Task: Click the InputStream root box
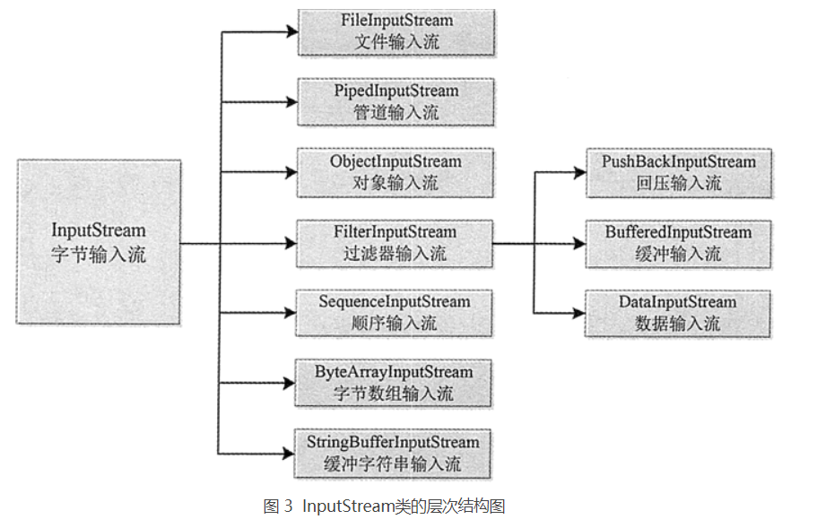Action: (99, 242)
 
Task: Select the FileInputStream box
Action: (395, 31)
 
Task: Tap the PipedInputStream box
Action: (395, 101)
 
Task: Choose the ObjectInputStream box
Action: (395, 172)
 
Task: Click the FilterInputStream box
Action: (395, 242)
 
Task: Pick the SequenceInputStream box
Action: (395, 312)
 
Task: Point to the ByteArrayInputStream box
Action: (395, 383)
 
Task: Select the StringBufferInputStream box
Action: (395, 453)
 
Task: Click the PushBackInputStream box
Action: (678, 172)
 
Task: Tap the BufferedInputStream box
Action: (678, 242)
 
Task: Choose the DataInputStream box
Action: (678, 313)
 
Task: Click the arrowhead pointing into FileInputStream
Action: (291, 31)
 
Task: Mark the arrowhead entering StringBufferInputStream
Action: (291, 453)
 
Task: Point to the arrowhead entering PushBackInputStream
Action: (579, 172)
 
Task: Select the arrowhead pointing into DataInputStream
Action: (579, 313)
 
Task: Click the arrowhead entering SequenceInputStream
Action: (291, 312)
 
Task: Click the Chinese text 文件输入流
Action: (395, 41)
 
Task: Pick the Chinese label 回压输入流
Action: (678, 183)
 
